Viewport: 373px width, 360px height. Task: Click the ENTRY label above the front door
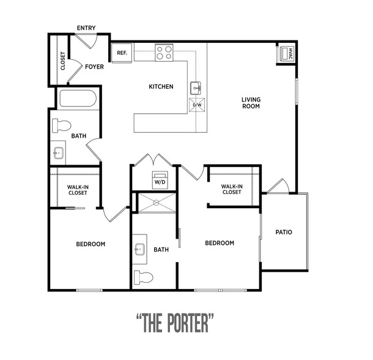(x=86, y=28)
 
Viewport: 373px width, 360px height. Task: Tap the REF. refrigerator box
(x=122, y=53)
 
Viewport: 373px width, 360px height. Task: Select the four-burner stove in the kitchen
(x=164, y=53)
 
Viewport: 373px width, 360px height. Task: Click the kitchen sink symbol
(x=196, y=88)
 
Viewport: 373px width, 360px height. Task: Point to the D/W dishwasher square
(x=197, y=105)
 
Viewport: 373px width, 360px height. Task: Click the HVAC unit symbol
(x=286, y=53)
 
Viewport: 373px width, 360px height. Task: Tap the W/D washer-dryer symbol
(x=160, y=180)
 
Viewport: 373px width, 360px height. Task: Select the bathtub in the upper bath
(x=78, y=99)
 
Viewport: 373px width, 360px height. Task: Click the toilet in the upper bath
(x=62, y=126)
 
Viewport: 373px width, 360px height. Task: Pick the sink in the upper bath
(x=58, y=153)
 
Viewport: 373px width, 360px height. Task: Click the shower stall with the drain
(x=157, y=203)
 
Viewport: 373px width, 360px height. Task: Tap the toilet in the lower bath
(x=144, y=277)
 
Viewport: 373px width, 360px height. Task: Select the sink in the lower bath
(x=140, y=249)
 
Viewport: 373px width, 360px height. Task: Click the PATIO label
(x=284, y=232)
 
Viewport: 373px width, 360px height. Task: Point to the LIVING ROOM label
(x=251, y=103)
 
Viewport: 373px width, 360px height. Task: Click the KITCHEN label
(x=161, y=86)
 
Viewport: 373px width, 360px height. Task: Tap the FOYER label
(x=94, y=67)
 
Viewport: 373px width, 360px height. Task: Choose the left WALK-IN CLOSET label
(x=78, y=190)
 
